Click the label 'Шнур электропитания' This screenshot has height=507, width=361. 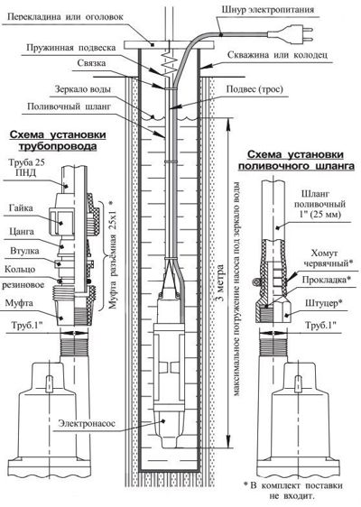[x=268, y=9]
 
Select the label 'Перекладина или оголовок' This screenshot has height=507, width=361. [x=65, y=16]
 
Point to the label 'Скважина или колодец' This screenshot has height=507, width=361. [x=277, y=55]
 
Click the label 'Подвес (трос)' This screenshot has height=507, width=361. [x=255, y=89]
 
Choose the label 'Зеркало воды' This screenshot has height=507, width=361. [x=82, y=89]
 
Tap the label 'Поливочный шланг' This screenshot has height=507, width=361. [x=69, y=106]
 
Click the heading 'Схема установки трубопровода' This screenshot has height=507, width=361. [x=58, y=141]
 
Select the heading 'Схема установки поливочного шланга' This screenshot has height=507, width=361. [x=296, y=160]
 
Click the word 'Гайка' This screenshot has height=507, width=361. [x=21, y=207]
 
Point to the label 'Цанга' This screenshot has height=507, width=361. [x=22, y=232]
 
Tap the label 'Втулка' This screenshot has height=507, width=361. [x=24, y=251]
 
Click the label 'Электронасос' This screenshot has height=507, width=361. [x=87, y=423]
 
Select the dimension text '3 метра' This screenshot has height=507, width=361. [x=220, y=283]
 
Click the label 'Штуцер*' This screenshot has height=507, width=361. [x=324, y=302]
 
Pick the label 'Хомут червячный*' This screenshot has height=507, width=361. [x=327, y=258]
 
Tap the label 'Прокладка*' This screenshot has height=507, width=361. [x=326, y=279]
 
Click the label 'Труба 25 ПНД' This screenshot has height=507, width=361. [x=26, y=168]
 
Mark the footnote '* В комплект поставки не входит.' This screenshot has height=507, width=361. [x=292, y=490]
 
